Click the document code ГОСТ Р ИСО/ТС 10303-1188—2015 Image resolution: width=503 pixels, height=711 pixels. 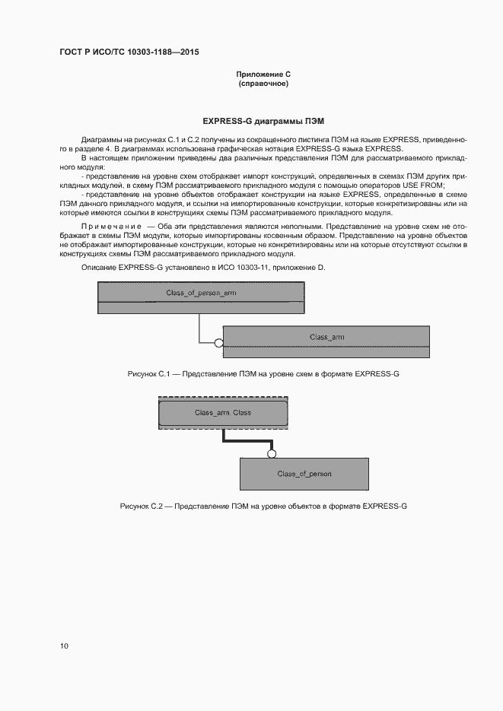(x=129, y=52)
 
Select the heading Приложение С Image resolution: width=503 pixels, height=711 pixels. (x=263, y=74)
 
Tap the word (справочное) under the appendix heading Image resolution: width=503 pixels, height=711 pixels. (x=263, y=83)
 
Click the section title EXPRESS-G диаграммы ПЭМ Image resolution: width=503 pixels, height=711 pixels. (x=263, y=121)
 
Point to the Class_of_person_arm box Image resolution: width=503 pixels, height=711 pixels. (x=201, y=293)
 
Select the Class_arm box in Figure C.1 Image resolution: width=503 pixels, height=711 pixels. (x=326, y=336)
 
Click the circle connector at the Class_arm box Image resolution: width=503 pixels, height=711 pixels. (x=219, y=343)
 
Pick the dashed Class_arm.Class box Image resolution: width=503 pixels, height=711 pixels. (x=223, y=413)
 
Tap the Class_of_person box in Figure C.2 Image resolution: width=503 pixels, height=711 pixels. (x=304, y=474)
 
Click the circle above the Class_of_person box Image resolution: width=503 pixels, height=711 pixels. (x=269, y=454)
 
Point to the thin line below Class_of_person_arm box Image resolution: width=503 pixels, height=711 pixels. (x=199, y=328)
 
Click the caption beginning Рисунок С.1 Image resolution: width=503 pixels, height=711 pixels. (x=263, y=374)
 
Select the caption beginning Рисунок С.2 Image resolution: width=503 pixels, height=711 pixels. (x=263, y=506)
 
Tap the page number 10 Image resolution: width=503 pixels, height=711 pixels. (x=64, y=646)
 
